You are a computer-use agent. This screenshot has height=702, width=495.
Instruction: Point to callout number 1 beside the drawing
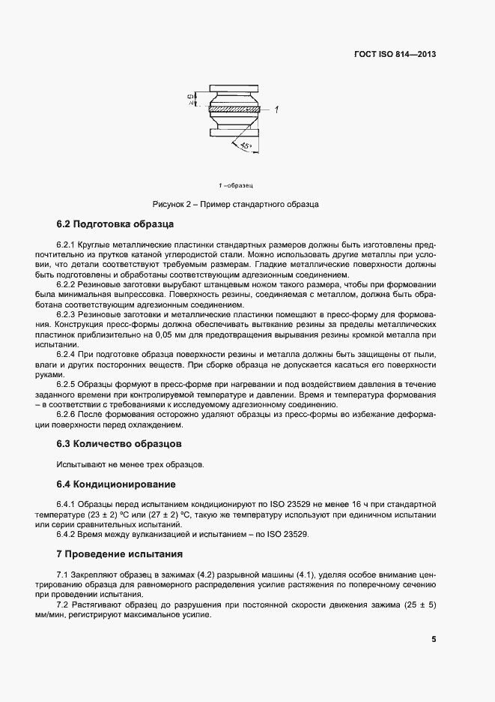coord(276,110)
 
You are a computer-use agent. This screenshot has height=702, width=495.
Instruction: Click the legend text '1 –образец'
coord(236,184)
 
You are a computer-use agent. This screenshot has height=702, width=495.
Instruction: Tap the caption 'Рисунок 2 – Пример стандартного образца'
coord(236,203)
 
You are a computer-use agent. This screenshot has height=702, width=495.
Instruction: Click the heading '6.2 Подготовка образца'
coord(115,224)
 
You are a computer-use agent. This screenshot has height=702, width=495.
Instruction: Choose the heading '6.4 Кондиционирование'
coord(116,484)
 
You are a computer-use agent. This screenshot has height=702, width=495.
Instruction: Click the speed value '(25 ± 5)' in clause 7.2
coord(420,604)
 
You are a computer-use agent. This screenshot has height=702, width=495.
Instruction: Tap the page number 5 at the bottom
coord(434,640)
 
